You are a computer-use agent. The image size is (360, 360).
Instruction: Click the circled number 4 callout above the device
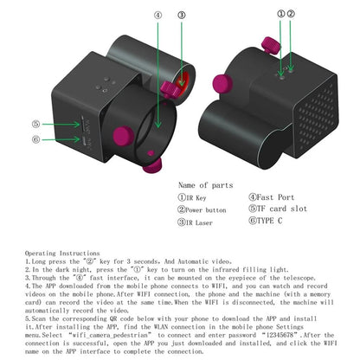pos(158,15)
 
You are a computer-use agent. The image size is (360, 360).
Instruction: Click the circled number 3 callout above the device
pos(181,15)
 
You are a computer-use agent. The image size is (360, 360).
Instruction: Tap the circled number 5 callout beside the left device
pos(36,124)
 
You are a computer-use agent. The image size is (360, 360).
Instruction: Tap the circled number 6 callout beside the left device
pos(36,138)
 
